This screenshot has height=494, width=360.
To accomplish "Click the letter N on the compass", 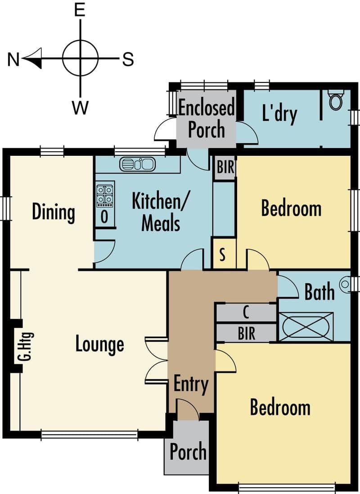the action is tap(13, 59).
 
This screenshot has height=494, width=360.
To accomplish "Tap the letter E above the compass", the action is tap(80, 9).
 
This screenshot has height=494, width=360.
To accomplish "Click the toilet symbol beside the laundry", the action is tap(336, 100).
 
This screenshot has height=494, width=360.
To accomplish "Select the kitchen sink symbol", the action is tap(137, 164).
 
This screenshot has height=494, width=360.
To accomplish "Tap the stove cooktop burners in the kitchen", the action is tap(105, 195).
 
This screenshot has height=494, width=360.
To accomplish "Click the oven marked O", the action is tap(105, 217).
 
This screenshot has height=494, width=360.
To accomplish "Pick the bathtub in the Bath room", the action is tap(306, 326).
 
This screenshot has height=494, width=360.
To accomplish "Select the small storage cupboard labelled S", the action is tap(223, 254).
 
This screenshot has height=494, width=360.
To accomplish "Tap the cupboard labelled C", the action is tap(246, 313).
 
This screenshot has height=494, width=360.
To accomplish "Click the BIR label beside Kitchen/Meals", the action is tap(225, 167).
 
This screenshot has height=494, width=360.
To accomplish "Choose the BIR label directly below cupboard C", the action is tap(247, 333).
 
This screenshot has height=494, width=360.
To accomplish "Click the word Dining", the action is tap(54, 213).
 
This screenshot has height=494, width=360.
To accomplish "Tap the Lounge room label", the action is tap(99, 344).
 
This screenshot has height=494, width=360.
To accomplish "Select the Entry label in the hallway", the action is tap(191, 385).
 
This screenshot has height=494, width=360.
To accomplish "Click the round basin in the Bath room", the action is tap(345, 284).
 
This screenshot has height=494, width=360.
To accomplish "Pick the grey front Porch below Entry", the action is tap(187, 447).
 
